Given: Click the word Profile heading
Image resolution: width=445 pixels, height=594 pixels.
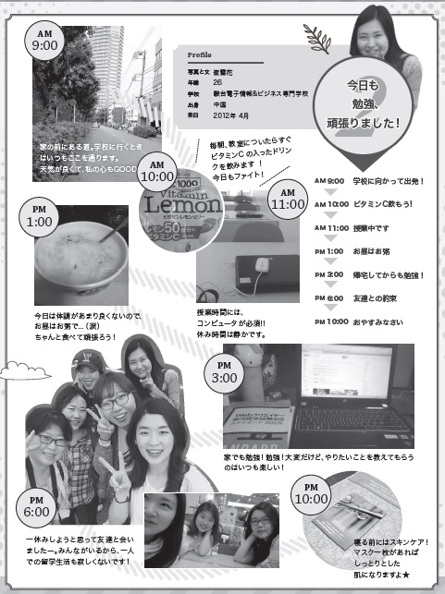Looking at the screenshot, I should (201, 55).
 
